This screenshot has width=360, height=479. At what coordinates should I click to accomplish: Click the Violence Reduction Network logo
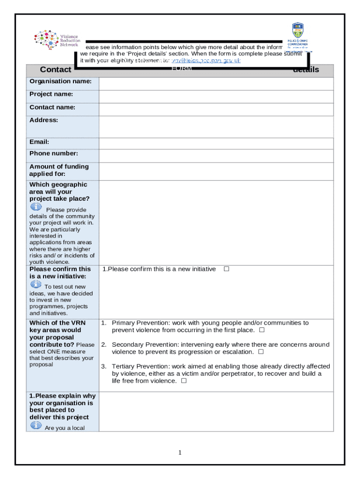point(57,40)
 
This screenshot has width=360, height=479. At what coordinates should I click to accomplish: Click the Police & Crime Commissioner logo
point(297,36)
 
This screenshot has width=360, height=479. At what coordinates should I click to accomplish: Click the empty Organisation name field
point(216,84)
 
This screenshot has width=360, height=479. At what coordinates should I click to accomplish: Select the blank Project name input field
point(216,96)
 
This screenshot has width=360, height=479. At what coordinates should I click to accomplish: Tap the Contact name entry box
point(216,109)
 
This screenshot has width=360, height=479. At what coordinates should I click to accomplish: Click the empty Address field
point(216,127)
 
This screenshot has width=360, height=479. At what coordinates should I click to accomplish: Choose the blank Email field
point(216,143)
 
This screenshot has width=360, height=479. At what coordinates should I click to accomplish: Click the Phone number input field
point(216,156)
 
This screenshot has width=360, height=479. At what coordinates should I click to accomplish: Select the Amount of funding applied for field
point(216,171)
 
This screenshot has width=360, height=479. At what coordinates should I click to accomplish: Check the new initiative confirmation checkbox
point(226,269)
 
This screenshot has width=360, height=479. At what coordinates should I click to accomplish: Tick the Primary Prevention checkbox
point(262,330)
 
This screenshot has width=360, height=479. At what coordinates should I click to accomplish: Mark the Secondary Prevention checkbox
point(261,352)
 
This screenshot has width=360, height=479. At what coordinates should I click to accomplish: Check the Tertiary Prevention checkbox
point(184,381)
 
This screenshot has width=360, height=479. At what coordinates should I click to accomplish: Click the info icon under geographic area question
point(36,207)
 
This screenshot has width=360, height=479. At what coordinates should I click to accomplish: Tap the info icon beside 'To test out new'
point(36,284)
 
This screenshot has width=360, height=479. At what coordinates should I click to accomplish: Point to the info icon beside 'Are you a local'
point(36,425)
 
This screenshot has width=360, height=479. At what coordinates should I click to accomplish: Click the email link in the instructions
point(206,60)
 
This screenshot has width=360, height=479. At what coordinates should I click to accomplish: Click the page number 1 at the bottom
point(180,452)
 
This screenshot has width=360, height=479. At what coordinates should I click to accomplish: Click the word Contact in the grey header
point(56,70)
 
